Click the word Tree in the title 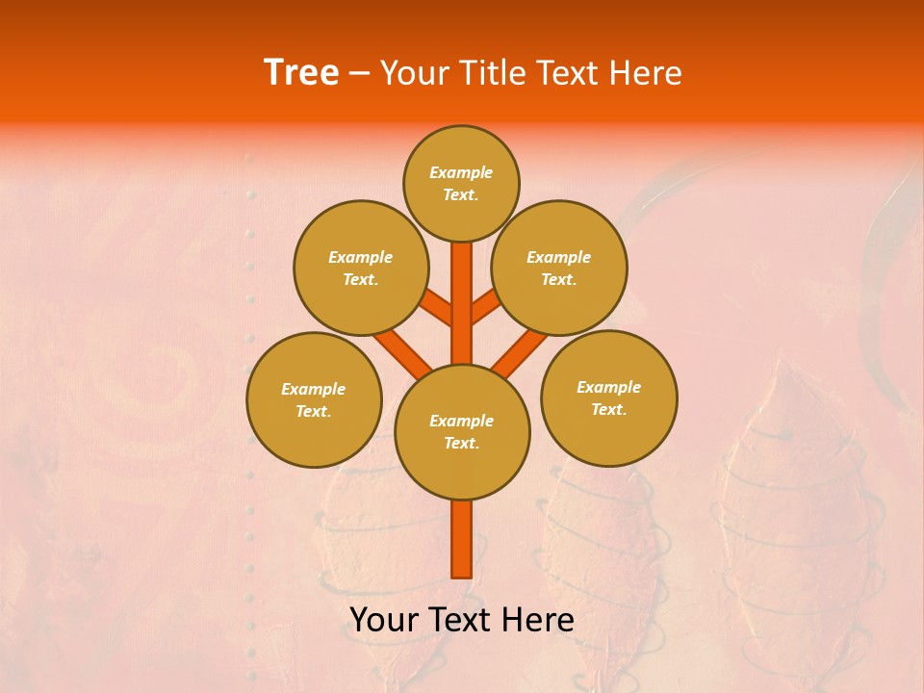[x=301, y=72]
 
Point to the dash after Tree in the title [x=359, y=73]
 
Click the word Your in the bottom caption [x=384, y=620]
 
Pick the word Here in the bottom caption [x=537, y=620]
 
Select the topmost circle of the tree [x=461, y=183]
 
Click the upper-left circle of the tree [x=360, y=268]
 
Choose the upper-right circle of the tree [x=559, y=268]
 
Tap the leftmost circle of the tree [x=314, y=399]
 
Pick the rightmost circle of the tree [x=608, y=398]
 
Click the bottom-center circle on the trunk [x=462, y=431]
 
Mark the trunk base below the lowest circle [x=462, y=539]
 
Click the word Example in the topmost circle [x=461, y=172]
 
